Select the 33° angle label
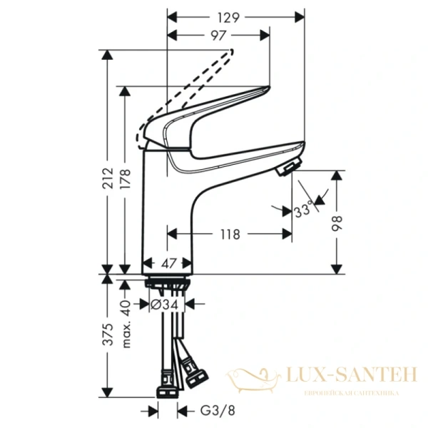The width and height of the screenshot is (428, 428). (302, 211)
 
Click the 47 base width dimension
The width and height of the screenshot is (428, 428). (168, 263)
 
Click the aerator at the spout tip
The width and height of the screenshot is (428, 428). (285, 169)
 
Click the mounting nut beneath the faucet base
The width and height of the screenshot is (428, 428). (168, 283)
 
